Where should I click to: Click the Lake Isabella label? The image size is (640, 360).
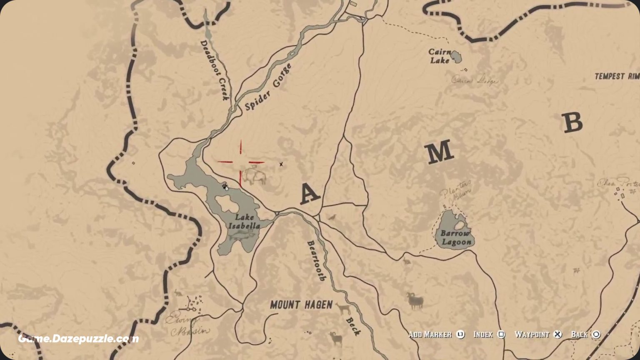pyautogui.click(x=244, y=221)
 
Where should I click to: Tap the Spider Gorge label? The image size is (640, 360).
pyautogui.click(x=268, y=87)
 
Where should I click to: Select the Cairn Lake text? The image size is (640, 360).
pyautogui.click(x=440, y=56)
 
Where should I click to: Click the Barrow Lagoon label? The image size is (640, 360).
pyautogui.click(x=456, y=237)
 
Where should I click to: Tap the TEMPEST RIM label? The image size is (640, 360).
pyautogui.click(x=617, y=76)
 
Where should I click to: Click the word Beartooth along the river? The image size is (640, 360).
pyautogui.click(x=316, y=261)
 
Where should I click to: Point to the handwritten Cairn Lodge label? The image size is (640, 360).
pyautogui.click(x=475, y=80)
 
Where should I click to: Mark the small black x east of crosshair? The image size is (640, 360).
pyautogui.click(x=281, y=164)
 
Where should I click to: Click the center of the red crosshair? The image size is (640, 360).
pyautogui.click(x=240, y=162)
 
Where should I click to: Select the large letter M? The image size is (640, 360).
pyautogui.click(x=440, y=152)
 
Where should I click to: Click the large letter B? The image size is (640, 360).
pyautogui.click(x=572, y=123)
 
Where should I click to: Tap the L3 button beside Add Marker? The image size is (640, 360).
pyautogui.click(x=460, y=335)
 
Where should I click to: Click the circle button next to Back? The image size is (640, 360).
pyautogui.click(x=596, y=335)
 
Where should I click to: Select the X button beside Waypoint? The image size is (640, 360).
pyautogui.click(x=557, y=335)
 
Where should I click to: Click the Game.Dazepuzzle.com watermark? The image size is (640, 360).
pyautogui.click(x=78, y=339)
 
